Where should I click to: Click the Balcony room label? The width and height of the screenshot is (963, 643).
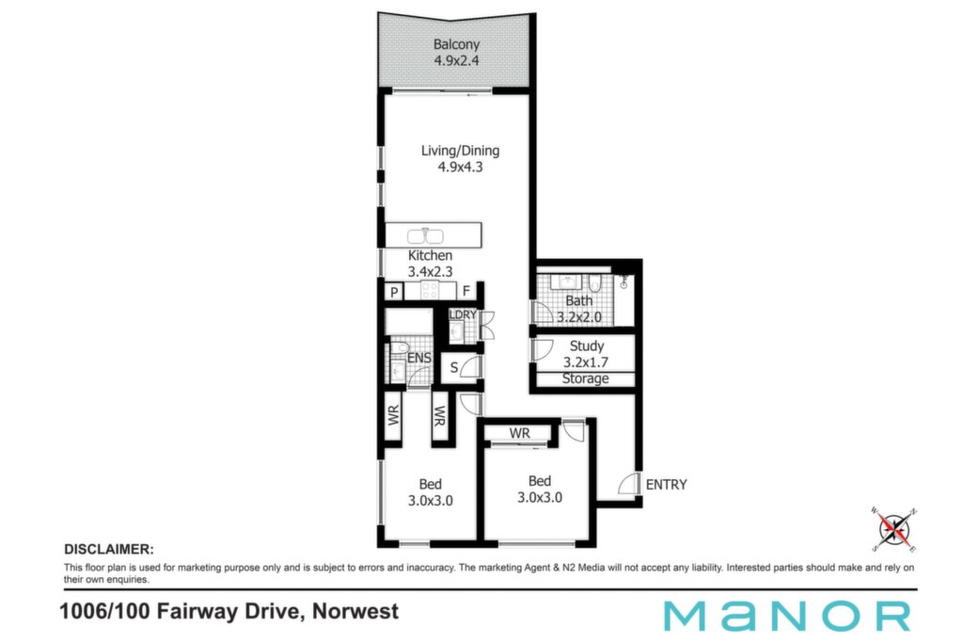(x=456, y=44)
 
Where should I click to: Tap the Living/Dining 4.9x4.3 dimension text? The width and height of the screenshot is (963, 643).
(x=460, y=168)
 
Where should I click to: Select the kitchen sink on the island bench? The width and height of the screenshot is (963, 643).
(x=425, y=236)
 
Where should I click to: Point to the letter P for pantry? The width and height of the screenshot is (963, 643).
(x=394, y=292)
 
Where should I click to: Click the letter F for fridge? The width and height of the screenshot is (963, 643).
(x=466, y=292)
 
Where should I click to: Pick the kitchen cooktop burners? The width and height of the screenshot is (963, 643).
(x=430, y=290)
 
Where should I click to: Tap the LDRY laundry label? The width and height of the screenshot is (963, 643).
(x=463, y=314)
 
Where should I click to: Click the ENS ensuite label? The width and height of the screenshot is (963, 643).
(x=418, y=358)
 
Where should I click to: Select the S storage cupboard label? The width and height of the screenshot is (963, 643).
(x=454, y=367)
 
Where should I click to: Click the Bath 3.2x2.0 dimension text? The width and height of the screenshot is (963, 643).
(x=579, y=317)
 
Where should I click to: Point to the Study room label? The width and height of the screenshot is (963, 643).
(x=587, y=346)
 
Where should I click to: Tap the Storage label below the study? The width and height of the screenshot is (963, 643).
(x=585, y=378)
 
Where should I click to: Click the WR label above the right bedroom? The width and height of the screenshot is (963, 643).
(x=519, y=433)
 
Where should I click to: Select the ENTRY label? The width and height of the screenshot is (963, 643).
(x=667, y=485)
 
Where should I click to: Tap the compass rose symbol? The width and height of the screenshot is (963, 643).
(x=894, y=529)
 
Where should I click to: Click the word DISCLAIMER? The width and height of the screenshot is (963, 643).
(x=109, y=550)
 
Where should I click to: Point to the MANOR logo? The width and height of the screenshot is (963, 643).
(x=787, y=616)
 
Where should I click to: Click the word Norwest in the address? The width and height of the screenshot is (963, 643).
(x=355, y=612)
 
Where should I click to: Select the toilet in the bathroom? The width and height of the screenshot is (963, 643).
(x=594, y=283)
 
